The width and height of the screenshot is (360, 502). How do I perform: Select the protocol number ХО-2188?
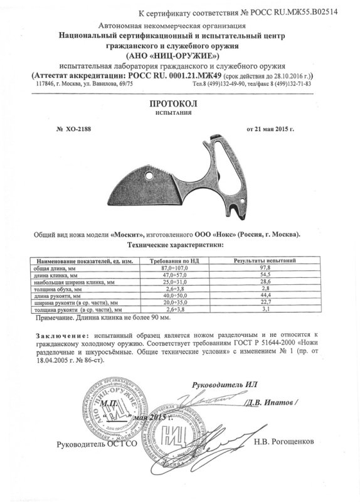pyautogui.click(x=75, y=128)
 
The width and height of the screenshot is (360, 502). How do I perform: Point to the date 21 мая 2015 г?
pyautogui.click(x=274, y=128)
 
